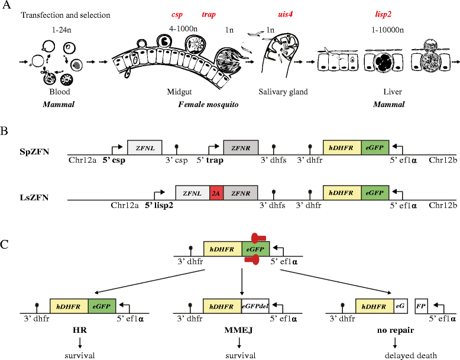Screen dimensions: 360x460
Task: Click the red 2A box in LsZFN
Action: pos(216,193)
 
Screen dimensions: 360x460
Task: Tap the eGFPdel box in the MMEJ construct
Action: pos(255,306)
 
